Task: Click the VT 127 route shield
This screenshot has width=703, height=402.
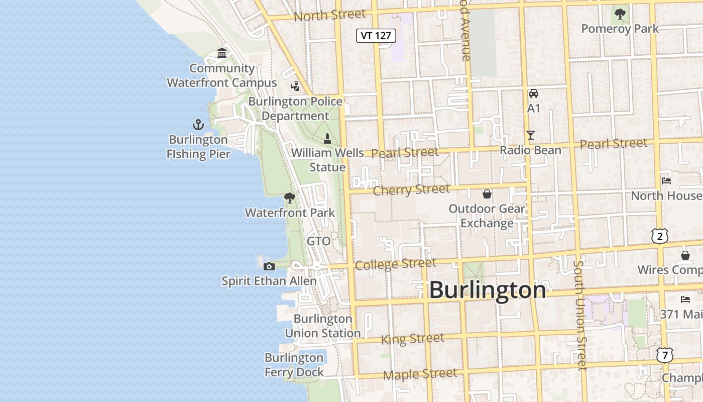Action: pyautogui.click(x=376, y=36)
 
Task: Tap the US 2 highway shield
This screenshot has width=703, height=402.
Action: pyautogui.click(x=660, y=236)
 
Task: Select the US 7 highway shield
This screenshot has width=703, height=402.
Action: pyautogui.click(x=665, y=355)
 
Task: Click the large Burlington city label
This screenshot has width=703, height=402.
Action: pyautogui.click(x=487, y=290)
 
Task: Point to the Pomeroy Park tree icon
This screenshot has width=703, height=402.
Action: pyautogui.click(x=620, y=14)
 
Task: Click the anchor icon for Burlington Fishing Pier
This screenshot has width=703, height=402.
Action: pyautogui.click(x=198, y=125)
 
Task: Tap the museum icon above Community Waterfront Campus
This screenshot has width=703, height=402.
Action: pyautogui.click(x=222, y=53)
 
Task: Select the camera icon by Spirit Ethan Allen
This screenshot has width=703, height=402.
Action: pyautogui.click(x=269, y=266)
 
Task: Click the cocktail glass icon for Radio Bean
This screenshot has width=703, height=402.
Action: pyautogui.click(x=530, y=135)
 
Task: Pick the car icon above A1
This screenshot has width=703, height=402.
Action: pyautogui.click(x=533, y=93)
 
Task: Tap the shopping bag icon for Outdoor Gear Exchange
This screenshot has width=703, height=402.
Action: pyautogui.click(x=487, y=194)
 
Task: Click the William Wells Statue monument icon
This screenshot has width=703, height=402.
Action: pyautogui.click(x=327, y=138)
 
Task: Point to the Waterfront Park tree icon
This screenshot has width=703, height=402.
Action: pyautogui.click(x=289, y=198)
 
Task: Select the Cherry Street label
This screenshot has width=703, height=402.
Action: pyautogui.click(x=411, y=190)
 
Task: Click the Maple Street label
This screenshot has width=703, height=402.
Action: pyautogui.click(x=420, y=374)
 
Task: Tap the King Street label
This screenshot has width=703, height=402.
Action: pyautogui.click(x=412, y=339)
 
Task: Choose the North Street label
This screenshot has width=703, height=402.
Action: pyautogui.click(x=329, y=15)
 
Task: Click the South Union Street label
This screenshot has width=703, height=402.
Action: pyautogui.click(x=580, y=315)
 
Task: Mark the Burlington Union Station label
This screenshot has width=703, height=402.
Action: pyautogui.click(x=323, y=326)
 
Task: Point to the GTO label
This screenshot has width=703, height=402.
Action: pyautogui.click(x=319, y=241)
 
